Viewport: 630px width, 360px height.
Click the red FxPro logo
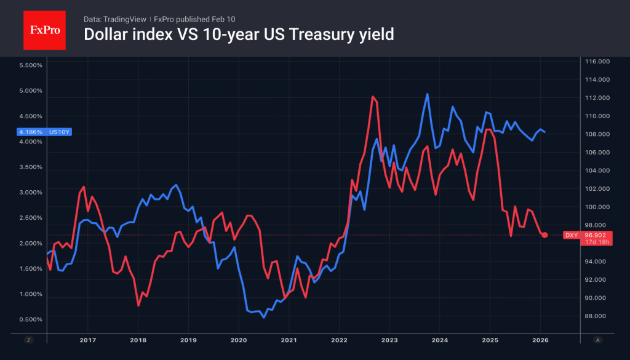click(x=44, y=29)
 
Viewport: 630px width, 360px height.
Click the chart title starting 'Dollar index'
click(x=238, y=35)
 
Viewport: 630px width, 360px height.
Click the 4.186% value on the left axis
click(x=31, y=132)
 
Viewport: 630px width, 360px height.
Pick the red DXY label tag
click(x=572, y=235)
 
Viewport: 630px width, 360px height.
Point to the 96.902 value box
click(x=596, y=235)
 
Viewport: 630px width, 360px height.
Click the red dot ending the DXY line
click(x=544, y=235)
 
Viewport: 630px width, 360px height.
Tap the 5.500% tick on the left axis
click(x=31, y=65)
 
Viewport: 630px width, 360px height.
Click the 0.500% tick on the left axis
click(x=31, y=319)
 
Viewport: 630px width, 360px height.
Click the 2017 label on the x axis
click(x=87, y=340)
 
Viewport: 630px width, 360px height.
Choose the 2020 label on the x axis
click(x=239, y=340)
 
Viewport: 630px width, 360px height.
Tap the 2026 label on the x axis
click(x=540, y=340)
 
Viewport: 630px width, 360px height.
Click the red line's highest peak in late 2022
click(x=373, y=97)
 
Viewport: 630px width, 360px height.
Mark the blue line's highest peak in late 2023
click(x=427, y=94)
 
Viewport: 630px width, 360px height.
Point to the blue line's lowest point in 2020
click(x=264, y=317)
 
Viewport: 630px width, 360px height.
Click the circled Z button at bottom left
click(x=28, y=340)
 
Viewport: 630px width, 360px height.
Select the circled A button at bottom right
click(x=598, y=340)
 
